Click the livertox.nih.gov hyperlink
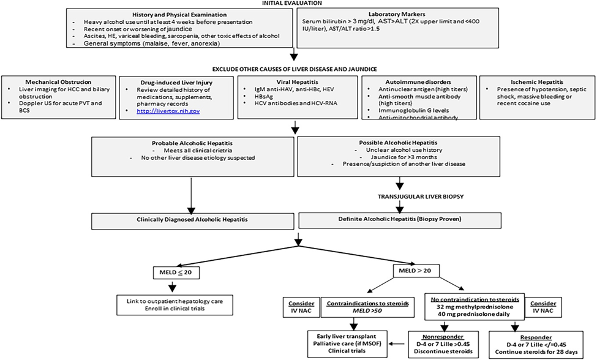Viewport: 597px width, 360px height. point(168,111)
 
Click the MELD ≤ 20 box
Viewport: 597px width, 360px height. point(176,272)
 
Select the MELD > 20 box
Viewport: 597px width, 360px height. point(416,271)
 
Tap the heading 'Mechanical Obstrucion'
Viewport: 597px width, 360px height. point(58,82)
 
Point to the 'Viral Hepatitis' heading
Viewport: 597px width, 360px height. point(298,82)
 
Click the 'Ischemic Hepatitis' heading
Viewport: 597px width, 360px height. point(537,82)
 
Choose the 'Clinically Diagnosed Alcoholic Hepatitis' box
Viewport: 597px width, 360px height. point(192,221)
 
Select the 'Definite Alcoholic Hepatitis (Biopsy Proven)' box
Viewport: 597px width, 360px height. point(400,220)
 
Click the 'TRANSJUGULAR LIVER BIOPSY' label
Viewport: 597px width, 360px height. point(421,197)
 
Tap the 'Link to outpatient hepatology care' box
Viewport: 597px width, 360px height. point(175,305)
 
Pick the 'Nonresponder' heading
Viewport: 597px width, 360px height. point(443,337)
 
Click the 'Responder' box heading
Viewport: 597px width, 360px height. point(536,337)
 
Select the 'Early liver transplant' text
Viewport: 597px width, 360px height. point(347,336)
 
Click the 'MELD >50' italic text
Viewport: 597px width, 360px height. point(367,310)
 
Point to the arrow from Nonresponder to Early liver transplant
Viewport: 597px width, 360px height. point(397,344)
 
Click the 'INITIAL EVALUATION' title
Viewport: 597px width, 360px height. point(292,3)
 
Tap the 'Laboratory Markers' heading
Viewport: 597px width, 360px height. point(397,15)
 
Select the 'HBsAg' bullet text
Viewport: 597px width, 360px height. point(264,96)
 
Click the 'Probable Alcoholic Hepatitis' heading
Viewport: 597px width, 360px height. point(192,143)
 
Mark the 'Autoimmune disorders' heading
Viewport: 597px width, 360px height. point(418,82)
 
